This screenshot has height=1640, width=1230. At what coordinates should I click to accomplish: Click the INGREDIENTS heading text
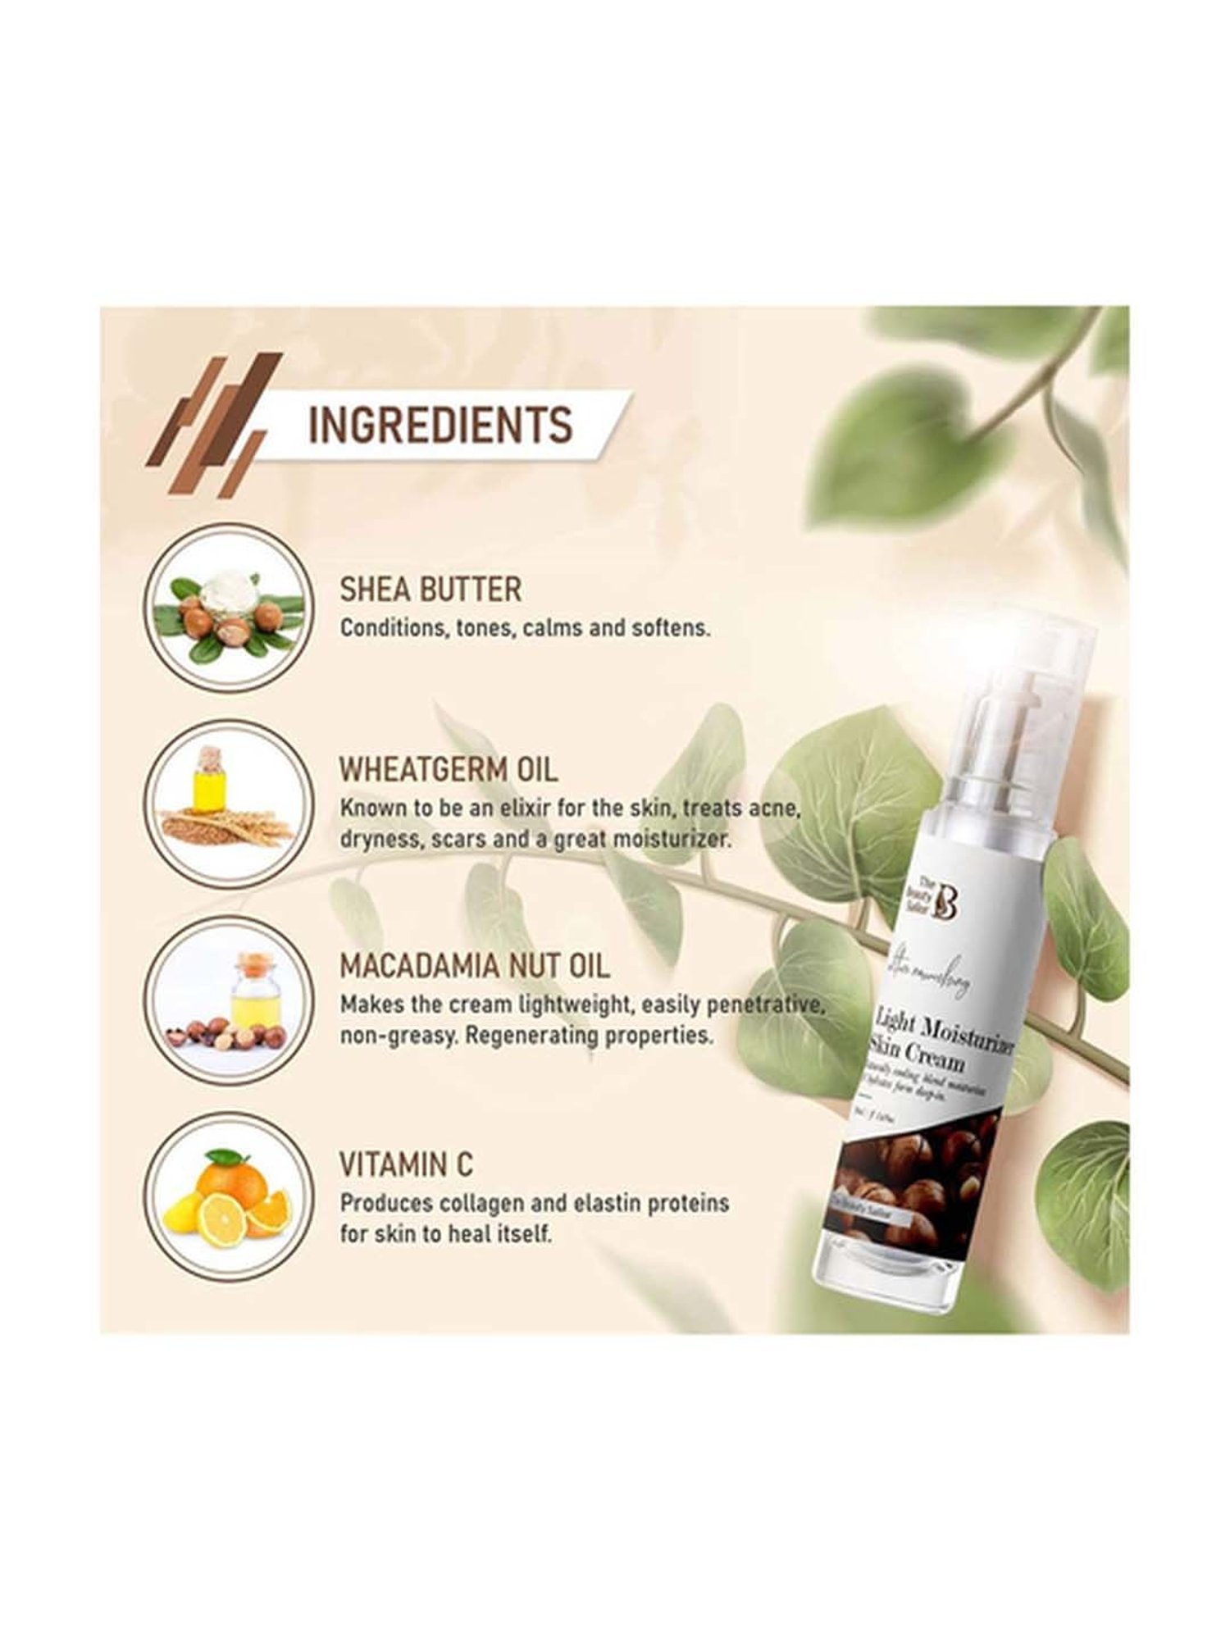pos(440,425)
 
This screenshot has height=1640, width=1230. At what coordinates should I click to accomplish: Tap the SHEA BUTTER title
pos(430,590)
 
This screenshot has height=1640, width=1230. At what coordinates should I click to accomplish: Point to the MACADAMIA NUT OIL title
pos(475,966)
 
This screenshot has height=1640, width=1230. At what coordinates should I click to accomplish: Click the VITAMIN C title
pos(407,1164)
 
